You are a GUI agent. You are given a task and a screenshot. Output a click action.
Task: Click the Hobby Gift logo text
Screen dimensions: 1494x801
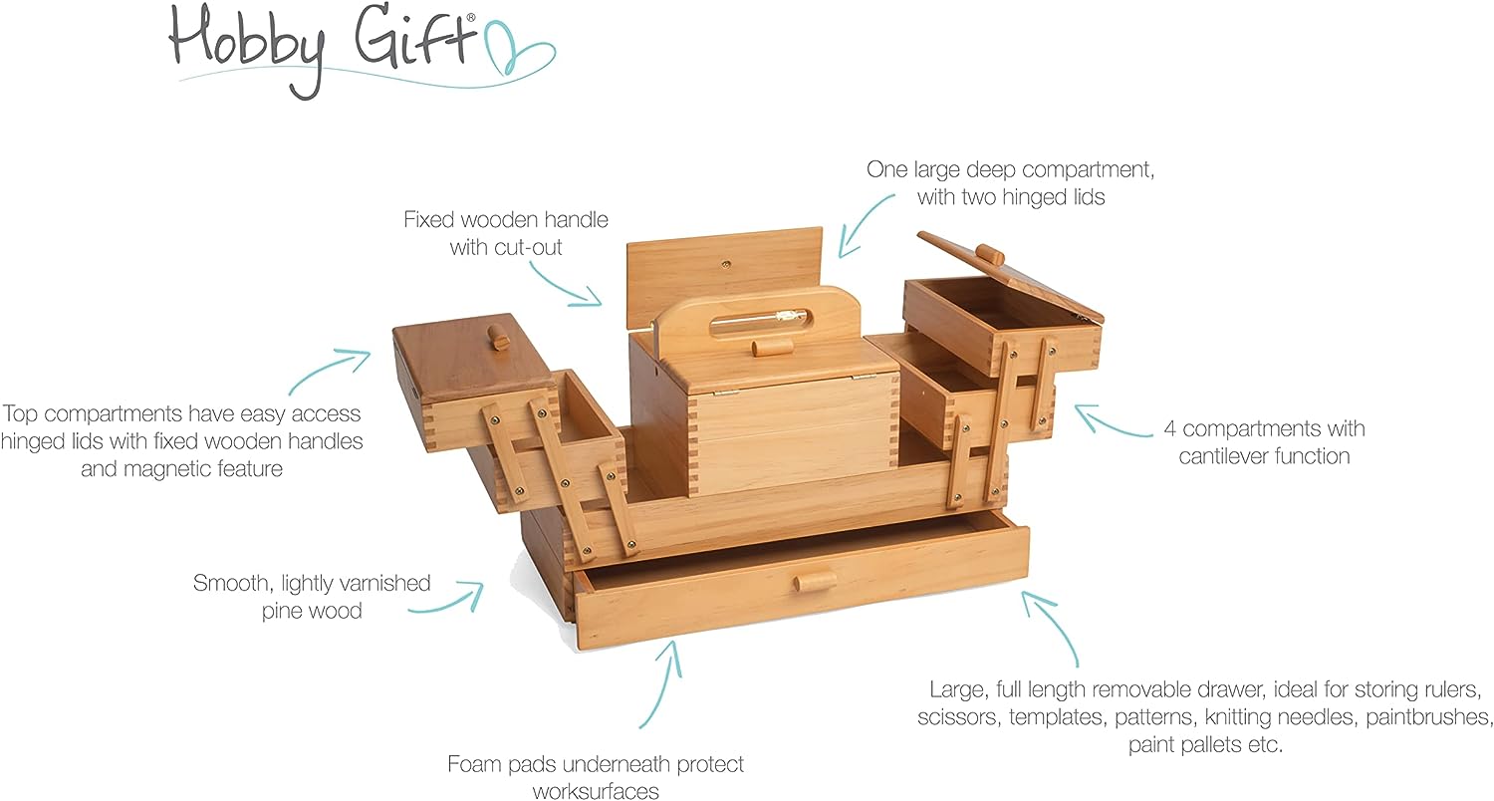tap(323, 48)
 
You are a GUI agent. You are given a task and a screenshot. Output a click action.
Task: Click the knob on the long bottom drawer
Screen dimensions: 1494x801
tap(815, 582)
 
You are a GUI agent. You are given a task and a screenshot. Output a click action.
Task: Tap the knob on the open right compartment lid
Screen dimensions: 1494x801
tap(990, 254)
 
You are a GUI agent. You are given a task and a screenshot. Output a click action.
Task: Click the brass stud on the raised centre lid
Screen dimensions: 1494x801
tap(726, 264)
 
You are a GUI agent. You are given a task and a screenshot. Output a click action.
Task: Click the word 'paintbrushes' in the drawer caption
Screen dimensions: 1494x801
tap(1428, 717)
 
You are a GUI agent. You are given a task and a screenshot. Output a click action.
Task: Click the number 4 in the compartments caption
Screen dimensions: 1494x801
tap(1170, 428)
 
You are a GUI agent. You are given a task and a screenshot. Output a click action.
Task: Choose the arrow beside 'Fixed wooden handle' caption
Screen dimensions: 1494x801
tap(565, 286)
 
